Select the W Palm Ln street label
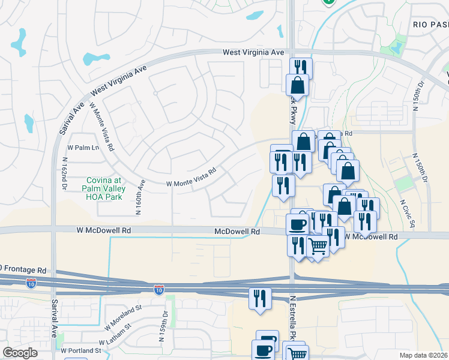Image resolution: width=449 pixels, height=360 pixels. click(83, 148)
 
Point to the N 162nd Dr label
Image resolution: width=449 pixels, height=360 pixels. click(65, 175)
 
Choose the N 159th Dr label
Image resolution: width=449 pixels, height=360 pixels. click(161, 325)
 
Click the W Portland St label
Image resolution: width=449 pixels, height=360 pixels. click(80, 350)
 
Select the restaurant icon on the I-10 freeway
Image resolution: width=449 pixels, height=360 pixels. click(260, 298)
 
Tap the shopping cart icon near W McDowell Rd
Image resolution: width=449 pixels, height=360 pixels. click(318, 246)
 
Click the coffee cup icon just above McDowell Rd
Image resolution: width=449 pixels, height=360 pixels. click(297, 225)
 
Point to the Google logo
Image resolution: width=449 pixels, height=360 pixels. click(20, 353)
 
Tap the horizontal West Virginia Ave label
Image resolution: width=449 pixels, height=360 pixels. click(253, 53)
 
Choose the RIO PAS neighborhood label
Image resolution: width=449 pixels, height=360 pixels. click(430, 24)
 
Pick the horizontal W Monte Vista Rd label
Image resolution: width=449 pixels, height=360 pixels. click(190, 178)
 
